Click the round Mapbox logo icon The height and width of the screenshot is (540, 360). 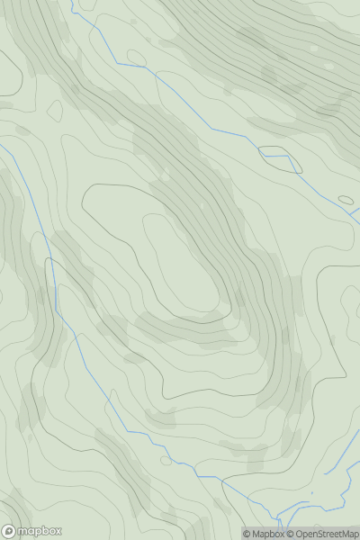coord(10,531)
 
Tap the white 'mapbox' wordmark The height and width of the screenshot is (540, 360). coord(38,532)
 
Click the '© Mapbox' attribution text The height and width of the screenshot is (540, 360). coord(263,534)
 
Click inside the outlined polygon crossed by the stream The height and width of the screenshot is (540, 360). coord(277,156)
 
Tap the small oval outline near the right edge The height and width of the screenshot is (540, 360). coord(346,200)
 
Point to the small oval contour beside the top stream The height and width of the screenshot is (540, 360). coord(137,58)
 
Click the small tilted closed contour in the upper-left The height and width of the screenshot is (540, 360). coord(54,111)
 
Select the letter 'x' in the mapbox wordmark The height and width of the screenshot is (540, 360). coord(58,532)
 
